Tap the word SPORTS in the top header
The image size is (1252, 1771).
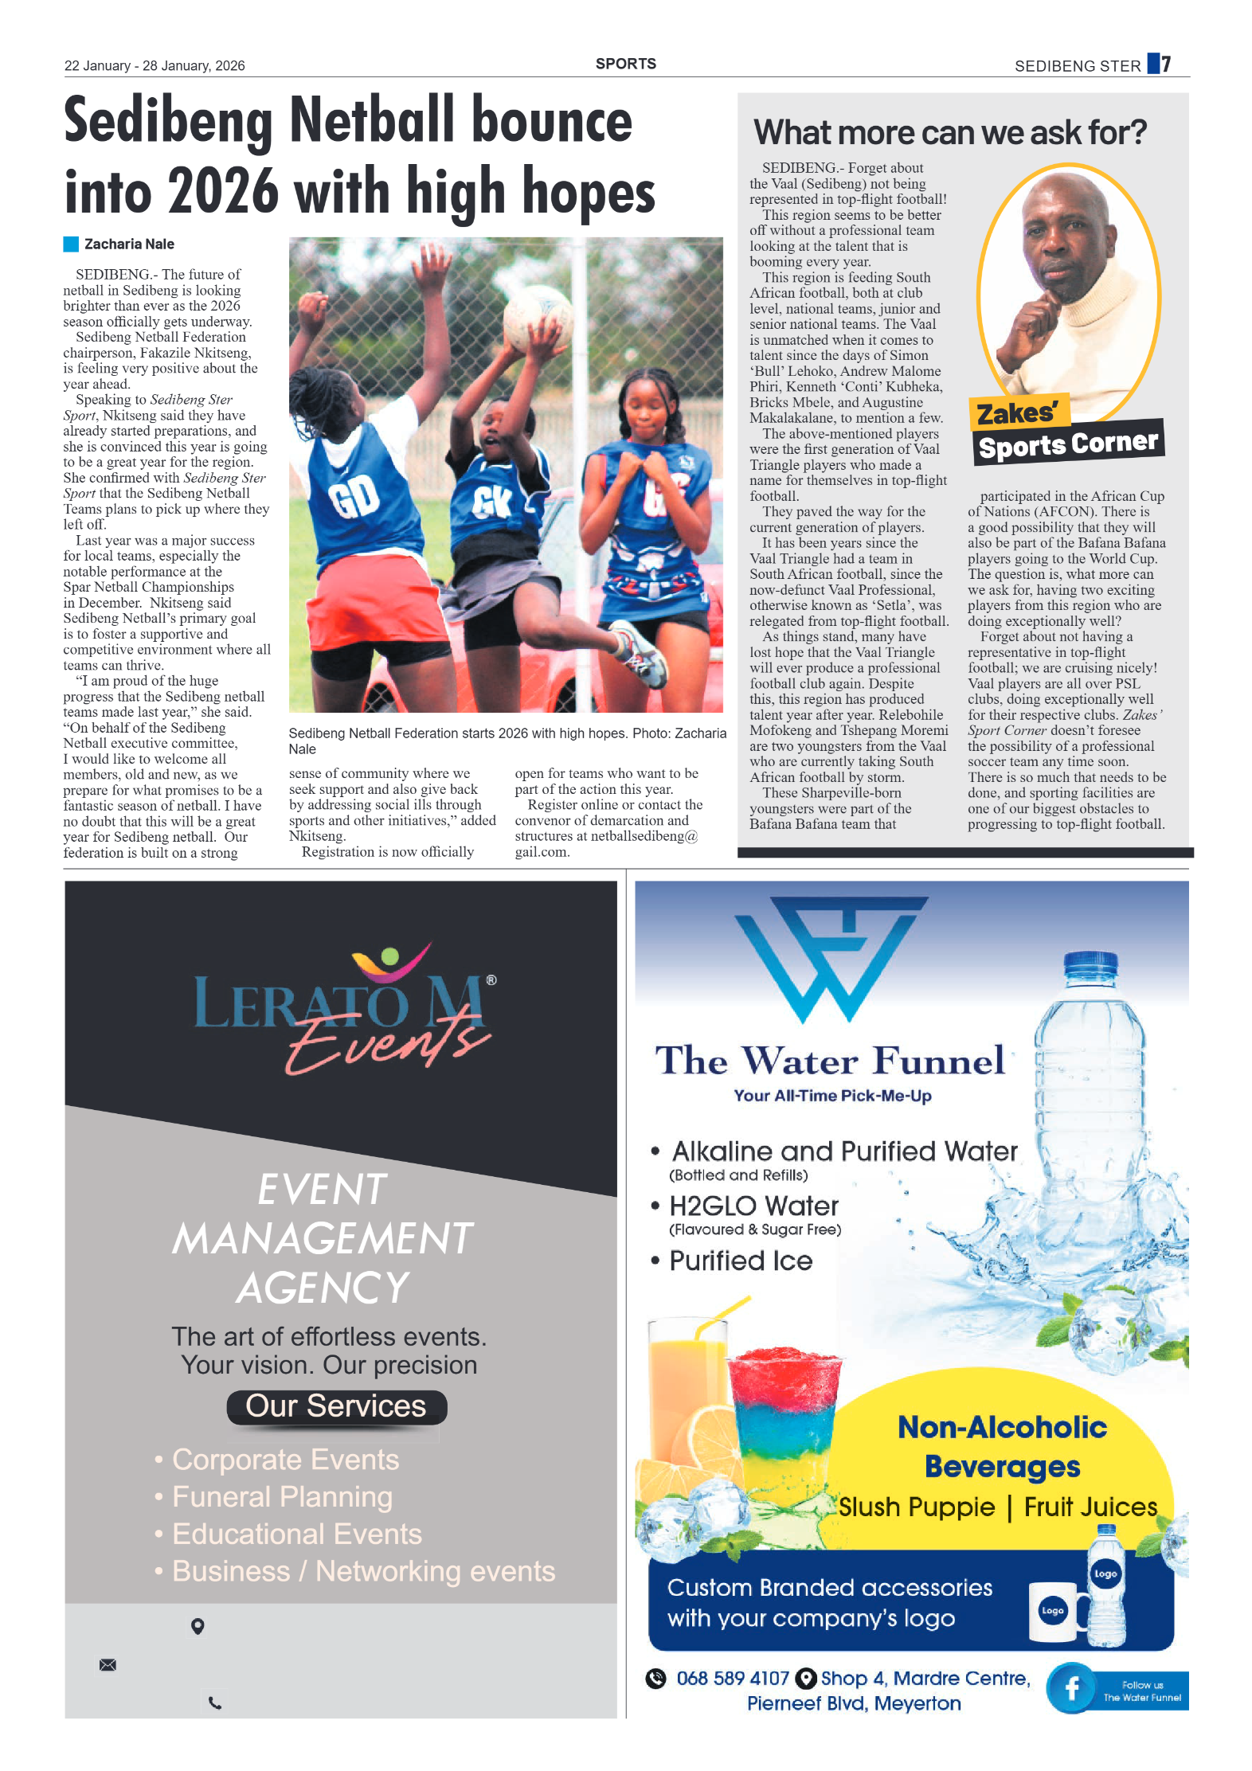(x=625, y=64)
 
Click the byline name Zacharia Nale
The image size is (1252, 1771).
(x=129, y=244)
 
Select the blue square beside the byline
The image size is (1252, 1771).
(x=71, y=244)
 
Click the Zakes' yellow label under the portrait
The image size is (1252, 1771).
(x=1017, y=413)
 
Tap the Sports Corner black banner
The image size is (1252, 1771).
(x=1068, y=443)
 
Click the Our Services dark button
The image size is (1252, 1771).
(x=336, y=1406)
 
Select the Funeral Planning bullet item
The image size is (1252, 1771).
(x=282, y=1497)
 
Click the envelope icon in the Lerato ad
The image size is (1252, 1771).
(x=108, y=1664)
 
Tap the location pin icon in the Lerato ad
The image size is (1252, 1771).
(x=198, y=1626)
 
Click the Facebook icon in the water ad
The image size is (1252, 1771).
(x=1072, y=1688)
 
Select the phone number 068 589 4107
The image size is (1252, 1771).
(x=732, y=1679)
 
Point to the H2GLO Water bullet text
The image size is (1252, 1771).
(x=753, y=1206)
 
